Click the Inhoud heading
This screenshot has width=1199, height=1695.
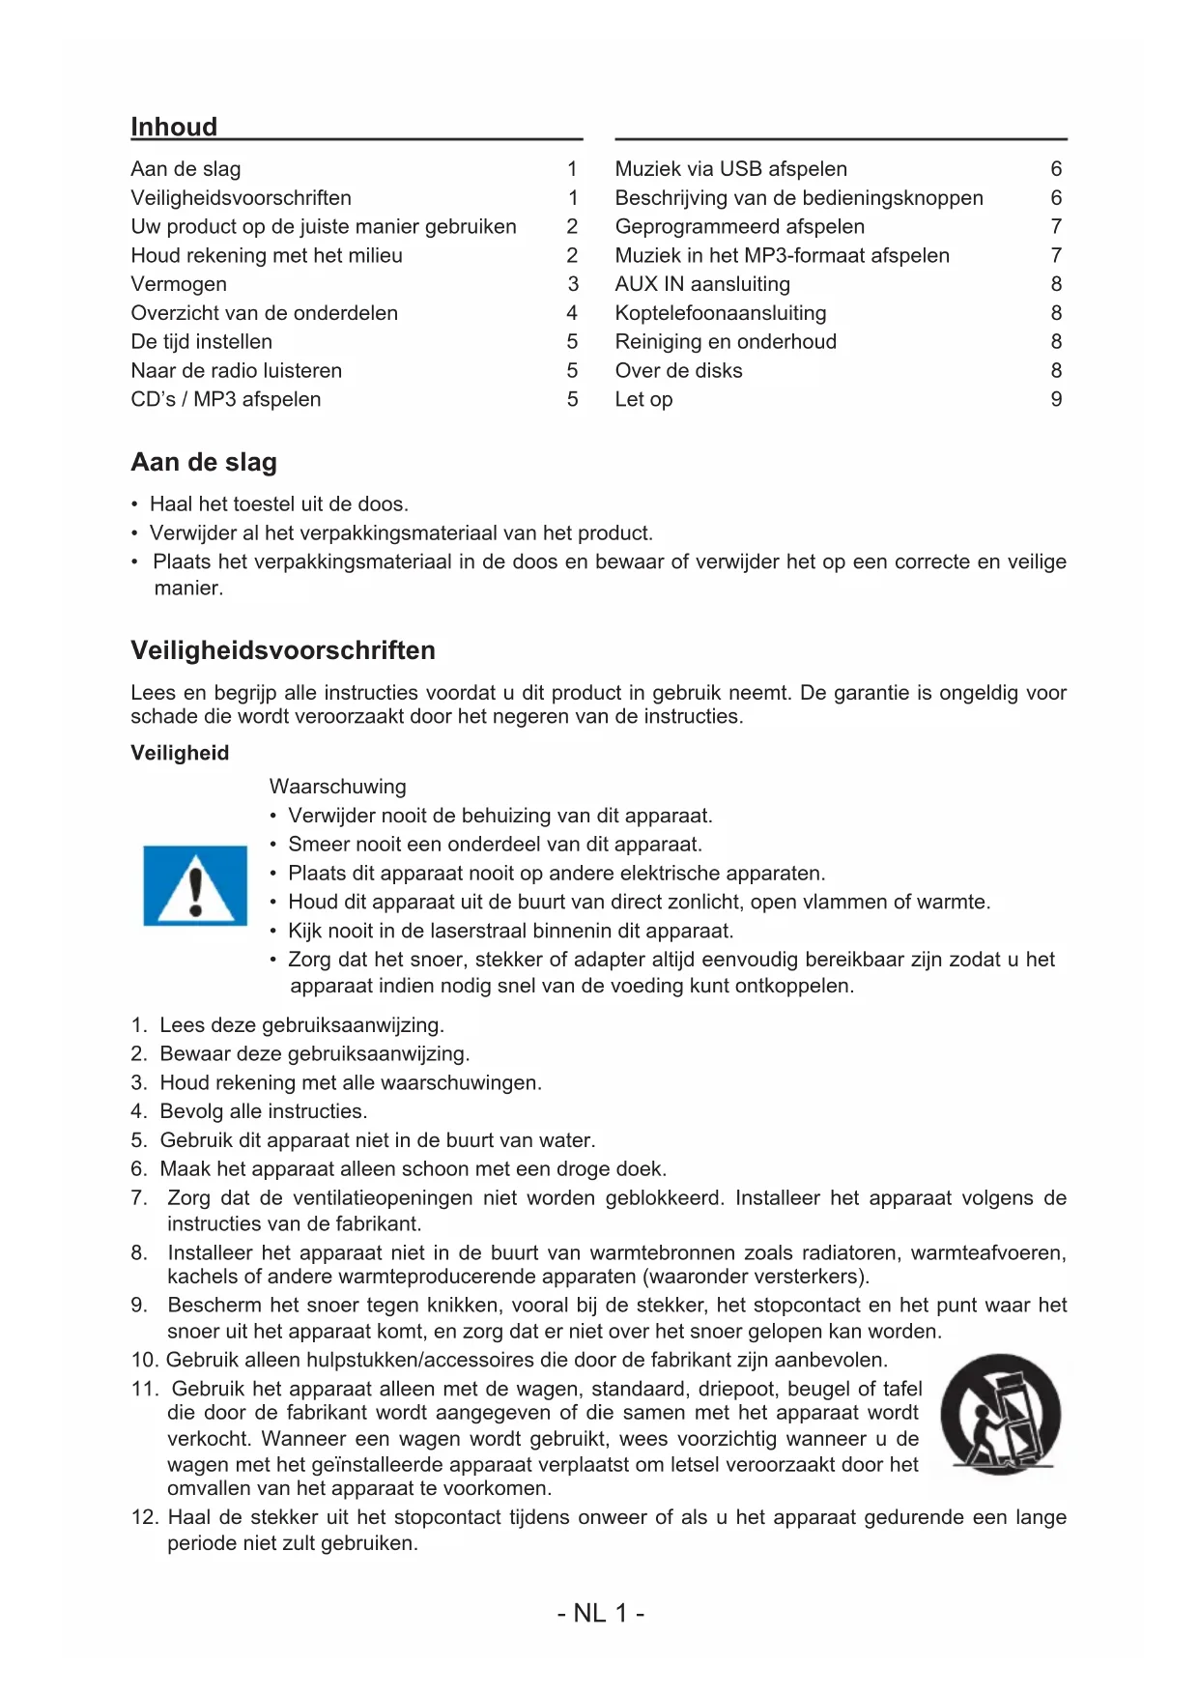[174, 127]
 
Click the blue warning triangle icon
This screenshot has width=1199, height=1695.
[195, 886]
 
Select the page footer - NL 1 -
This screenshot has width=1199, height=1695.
[600, 1613]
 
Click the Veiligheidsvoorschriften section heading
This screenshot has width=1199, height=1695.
[283, 650]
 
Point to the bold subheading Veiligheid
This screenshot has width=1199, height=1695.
[180, 753]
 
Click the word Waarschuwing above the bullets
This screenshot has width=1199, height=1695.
[337, 787]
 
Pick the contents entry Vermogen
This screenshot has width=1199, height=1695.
[179, 284]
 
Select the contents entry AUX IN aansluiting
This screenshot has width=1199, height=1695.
[702, 284]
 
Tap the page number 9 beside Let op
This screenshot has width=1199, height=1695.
[1056, 399]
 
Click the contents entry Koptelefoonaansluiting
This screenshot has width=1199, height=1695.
[721, 313]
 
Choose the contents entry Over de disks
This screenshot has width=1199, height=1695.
[678, 370]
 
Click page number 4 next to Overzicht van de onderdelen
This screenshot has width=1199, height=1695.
[572, 313]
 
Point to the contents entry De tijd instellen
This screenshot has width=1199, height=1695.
[201, 342]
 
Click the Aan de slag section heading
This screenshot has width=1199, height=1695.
[204, 462]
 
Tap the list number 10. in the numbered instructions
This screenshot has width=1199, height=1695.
[145, 1360]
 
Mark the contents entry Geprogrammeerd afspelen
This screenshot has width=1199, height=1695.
[739, 226]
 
